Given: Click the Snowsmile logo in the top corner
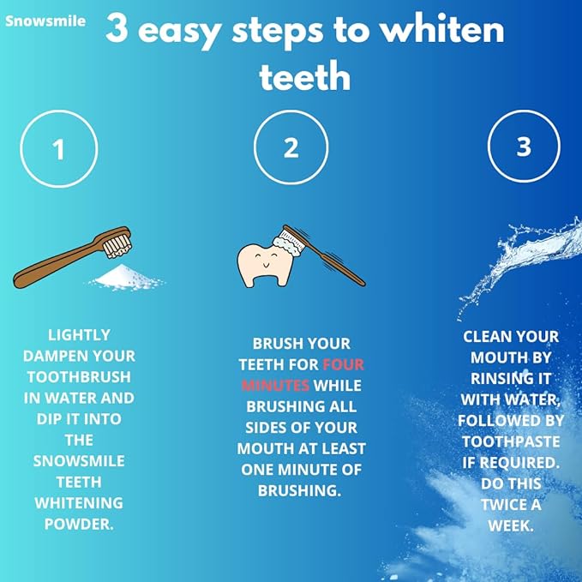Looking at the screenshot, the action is pyautogui.click(x=45, y=21).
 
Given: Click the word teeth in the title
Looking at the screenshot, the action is pyautogui.click(x=305, y=77).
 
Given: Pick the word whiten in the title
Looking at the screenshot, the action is pyautogui.click(x=443, y=30).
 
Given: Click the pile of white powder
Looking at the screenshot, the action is pyautogui.click(x=126, y=277).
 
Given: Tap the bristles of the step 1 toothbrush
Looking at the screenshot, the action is pyautogui.click(x=117, y=246).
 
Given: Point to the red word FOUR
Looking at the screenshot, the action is pyautogui.click(x=344, y=364).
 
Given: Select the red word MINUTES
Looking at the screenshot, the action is pyautogui.click(x=275, y=386).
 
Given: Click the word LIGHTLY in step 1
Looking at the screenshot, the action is pyautogui.click(x=79, y=335).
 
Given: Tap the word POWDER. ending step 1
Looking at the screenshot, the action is pyautogui.click(x=79, y=524).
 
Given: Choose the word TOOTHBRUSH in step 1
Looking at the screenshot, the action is pyautogui.click(x=79, y=377).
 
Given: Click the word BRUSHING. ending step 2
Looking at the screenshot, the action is pyautogui.click(x=299, y=490).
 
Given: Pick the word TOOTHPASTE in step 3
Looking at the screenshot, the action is pyautogui.click(x=511, y=441).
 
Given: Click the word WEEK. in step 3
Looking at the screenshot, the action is pyautogui.click(x=511, y=525).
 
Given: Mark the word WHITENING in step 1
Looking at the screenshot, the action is pyautogui.click(x=79, y=503).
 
